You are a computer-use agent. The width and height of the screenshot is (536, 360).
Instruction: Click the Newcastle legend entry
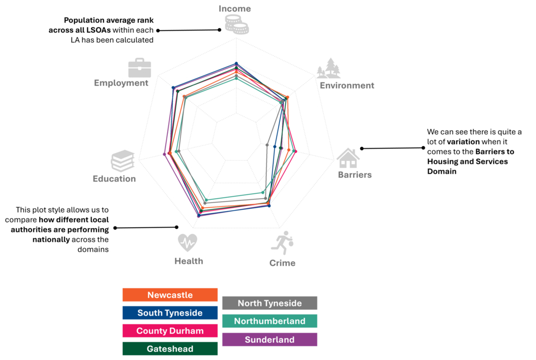pyautogui.click(x=170, y=295)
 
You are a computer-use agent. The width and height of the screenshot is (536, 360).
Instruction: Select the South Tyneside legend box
pyautogui.click(x=170, y=313)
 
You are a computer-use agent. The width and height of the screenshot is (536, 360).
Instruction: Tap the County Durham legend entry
pyautogui.click(x=170, y=331)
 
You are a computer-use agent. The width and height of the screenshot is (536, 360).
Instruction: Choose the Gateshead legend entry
pyautogui.click(x=170, y=349)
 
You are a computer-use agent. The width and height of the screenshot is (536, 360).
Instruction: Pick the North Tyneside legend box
pyautogui.click(x=270, y=303)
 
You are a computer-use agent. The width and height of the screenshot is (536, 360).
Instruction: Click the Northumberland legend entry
pyautogui.click(x=270, y=321)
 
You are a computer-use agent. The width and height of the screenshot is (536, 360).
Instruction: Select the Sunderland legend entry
pyautogui.click(x=270, y=340)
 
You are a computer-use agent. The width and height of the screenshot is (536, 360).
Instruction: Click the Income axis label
pyautogui.click(x=235, y=9)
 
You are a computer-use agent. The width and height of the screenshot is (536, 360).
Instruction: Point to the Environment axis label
pyautogui.click(x=347, y=85)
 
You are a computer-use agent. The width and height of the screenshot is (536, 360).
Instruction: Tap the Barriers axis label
pyautogui.click(x=354, y=175)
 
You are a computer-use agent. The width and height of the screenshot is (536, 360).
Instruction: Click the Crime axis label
pyautogui.click(x=282, y=263)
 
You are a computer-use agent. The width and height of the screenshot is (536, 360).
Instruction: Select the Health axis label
pyautogui.click(x=189, y=261)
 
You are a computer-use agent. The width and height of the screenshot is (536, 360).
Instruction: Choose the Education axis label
pyautogui.click(x=114, y=178)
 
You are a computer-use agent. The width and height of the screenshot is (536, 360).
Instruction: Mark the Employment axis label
pyautogui.click(x=121, y=83)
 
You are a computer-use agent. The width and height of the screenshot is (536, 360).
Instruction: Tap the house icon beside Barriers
pyautogui.click(x=348, y=158)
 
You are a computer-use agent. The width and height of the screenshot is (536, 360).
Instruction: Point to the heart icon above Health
pyautogui.click(x=188, y=243)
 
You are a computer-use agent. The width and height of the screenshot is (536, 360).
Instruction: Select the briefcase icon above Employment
pyautogui.click(x=139, y=68)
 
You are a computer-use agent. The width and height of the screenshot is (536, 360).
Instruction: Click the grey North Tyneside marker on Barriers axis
pyautogui.click(x=267, y=145)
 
